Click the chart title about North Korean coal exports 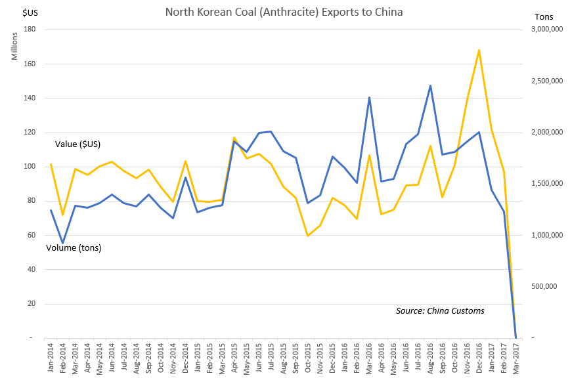tap(284, 12)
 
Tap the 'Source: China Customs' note tap(440, 310)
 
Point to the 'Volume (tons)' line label tap(73, 247)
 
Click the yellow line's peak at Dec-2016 tap(479, 50)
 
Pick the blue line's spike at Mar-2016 tap(369, 97)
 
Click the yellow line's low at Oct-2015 tap(307, 236)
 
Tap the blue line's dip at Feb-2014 tap(63, 243)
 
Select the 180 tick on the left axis tap(29, 30)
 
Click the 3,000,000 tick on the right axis tap(543, 30)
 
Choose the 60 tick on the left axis tap(31, 235)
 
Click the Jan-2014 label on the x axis tap(51, 358)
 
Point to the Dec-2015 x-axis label tap(332, 358)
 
